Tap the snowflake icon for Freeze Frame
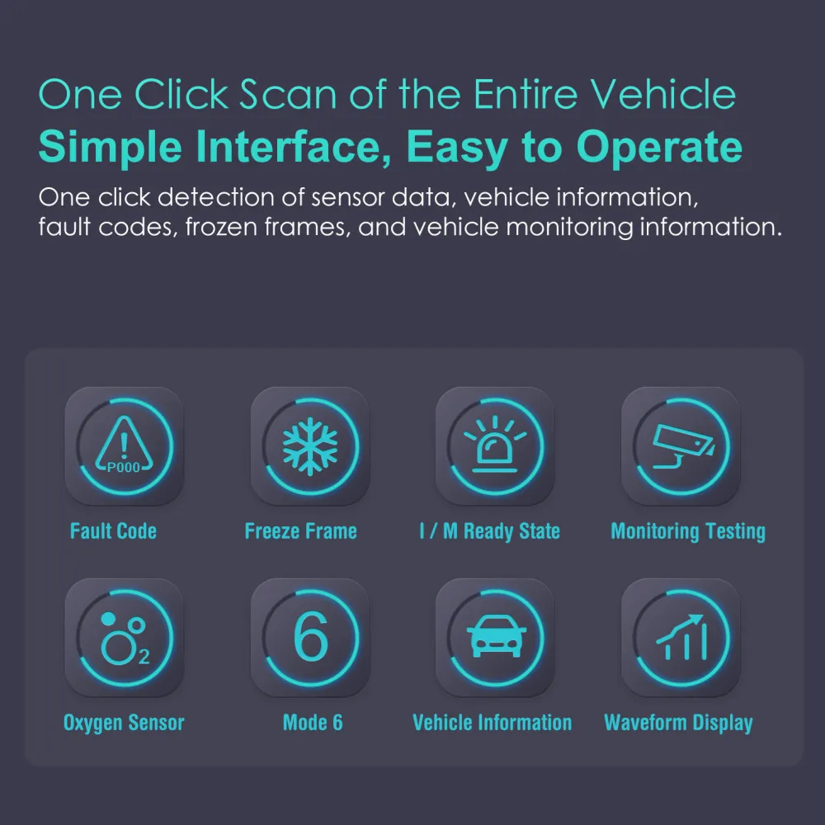[x=310, y=446]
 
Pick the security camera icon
[x=681, y=446]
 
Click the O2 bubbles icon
[x=124, y=638]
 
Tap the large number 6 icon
[x=310, y=638]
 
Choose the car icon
[x=495, y=638]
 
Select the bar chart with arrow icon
[x=681, y=638]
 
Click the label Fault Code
[x=113, y=530]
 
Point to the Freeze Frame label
[x=300, y=530]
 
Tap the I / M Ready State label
[x=489, y=530]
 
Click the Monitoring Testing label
[x=687, y=531]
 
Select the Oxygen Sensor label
[x=124, y=724]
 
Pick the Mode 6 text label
[x=312, y=723]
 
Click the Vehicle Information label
[x=492, y=723]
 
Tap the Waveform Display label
[x=678, y=724]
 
